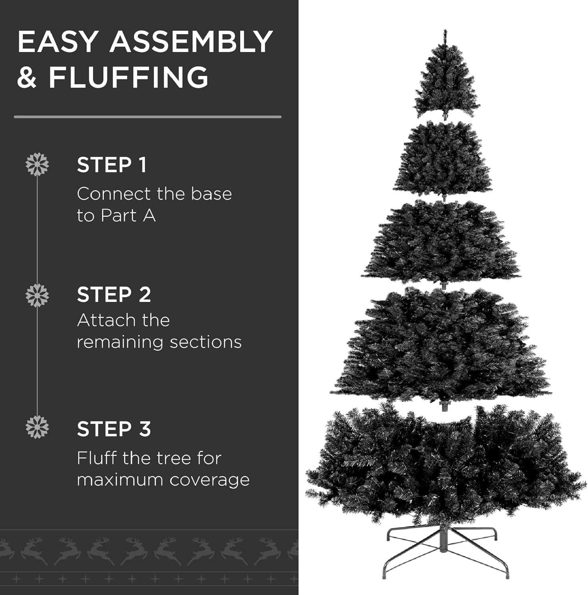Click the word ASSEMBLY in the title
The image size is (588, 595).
(x=191, y=41)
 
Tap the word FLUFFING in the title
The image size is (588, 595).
(x=129, y=77)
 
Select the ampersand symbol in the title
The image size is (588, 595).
(x=27, y=77)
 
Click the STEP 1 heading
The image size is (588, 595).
(x=111, y=165)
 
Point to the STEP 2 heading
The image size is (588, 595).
(x=114, y=295)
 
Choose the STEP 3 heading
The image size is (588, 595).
(x=114, y=429)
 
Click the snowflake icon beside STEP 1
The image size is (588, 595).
(x=37, y=164)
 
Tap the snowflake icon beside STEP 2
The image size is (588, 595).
(x=37, y=296)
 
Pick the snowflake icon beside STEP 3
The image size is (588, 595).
(x=37, y=427)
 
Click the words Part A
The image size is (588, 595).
(x=128, y=216)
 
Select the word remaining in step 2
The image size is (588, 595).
(x=121, y=342)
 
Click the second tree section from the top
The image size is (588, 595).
(x=443, y=159)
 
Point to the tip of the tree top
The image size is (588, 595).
(x=445, y=30)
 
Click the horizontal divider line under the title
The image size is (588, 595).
(x=148, y=117)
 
